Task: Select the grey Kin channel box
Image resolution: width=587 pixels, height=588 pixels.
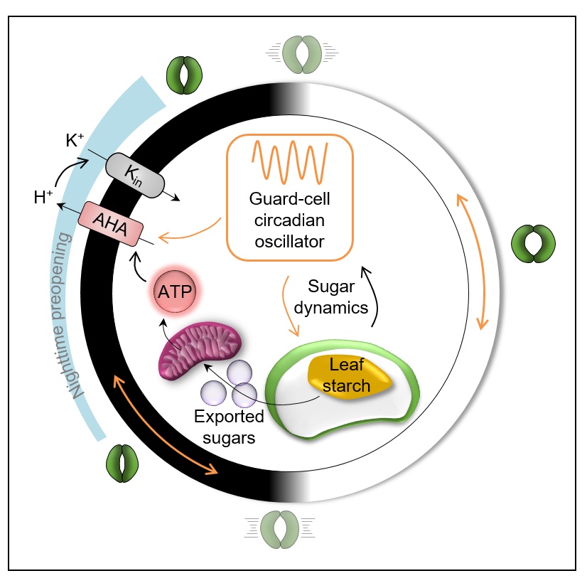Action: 134,173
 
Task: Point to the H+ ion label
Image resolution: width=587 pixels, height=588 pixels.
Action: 44,198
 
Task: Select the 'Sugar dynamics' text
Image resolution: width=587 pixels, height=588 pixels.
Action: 338,297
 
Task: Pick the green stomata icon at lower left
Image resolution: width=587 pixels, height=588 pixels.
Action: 125,463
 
